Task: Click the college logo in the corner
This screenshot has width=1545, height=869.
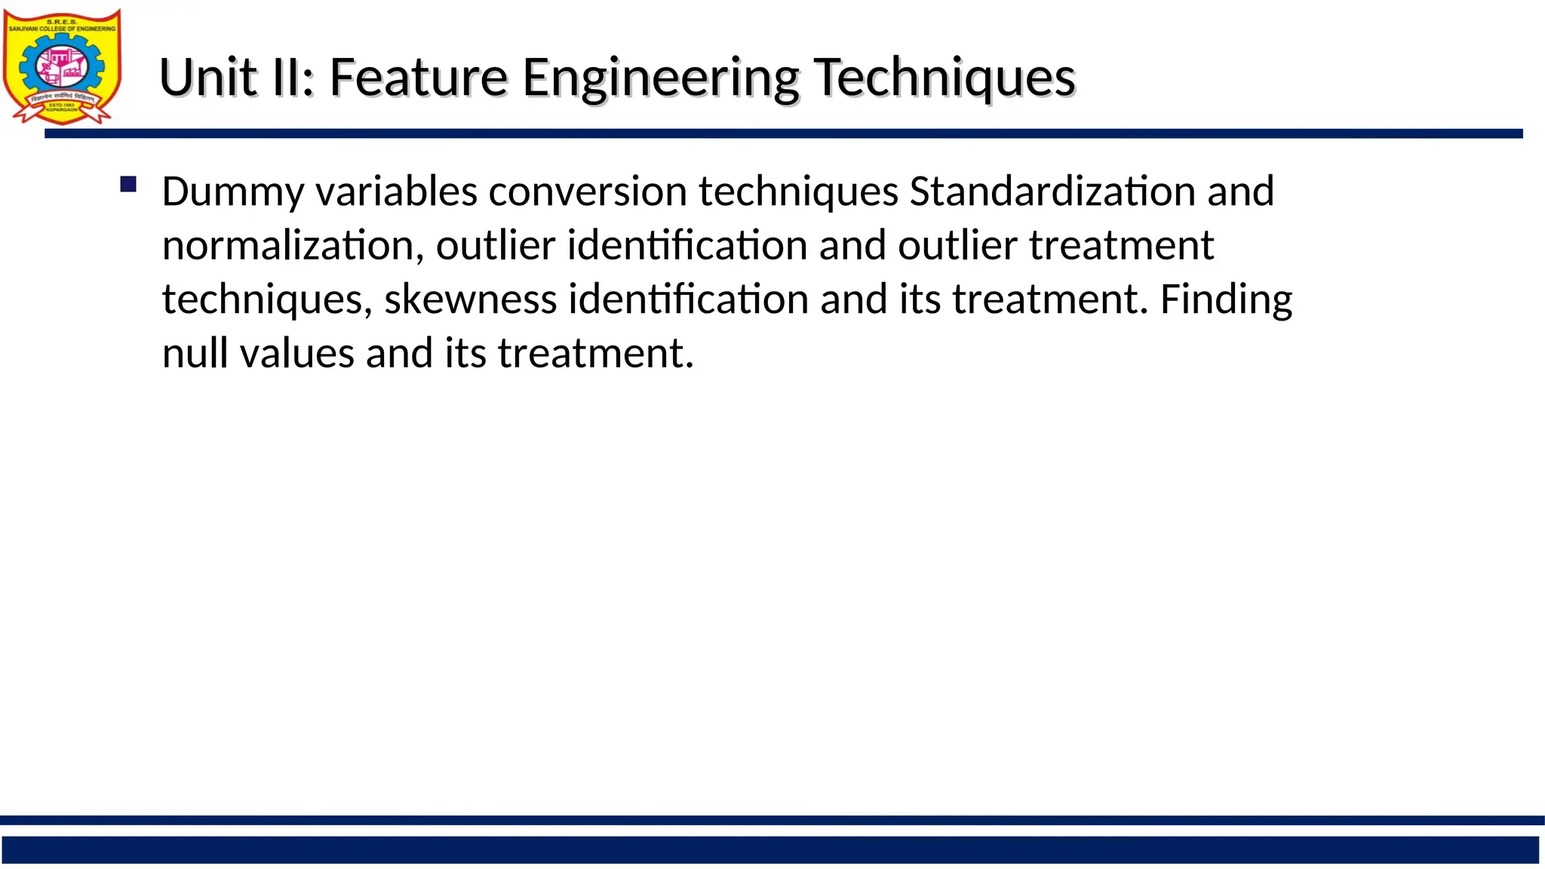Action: point(62,66)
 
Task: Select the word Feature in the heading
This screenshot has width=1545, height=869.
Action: point(418,78)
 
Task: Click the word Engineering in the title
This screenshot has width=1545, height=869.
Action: point(660,79)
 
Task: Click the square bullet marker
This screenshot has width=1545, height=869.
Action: point(128,184)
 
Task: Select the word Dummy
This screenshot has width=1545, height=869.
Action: point(232,192)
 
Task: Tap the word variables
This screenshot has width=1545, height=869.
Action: point(396,192)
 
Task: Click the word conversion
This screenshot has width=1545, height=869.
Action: point(587,192)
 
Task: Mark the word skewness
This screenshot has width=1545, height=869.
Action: point(470,299)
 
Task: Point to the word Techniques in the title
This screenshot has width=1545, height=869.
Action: point(945,79)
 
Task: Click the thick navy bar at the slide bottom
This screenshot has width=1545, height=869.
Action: point(769,849)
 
